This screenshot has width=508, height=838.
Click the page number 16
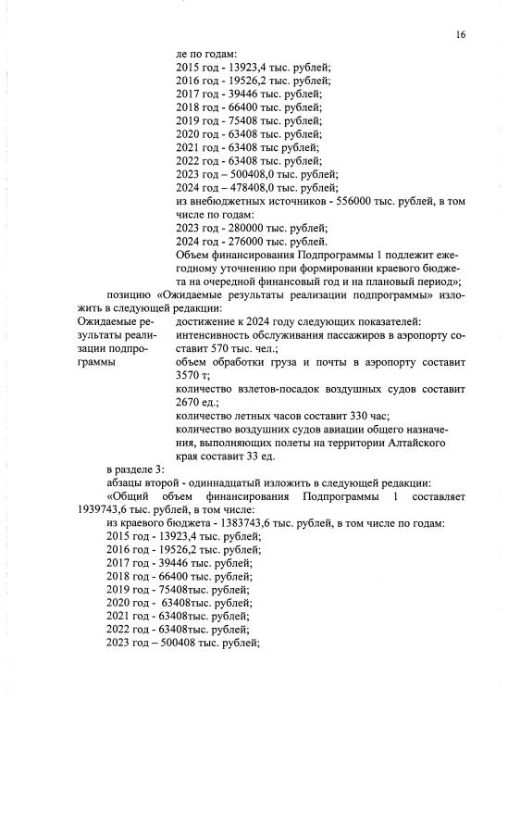tap(460, 34)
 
